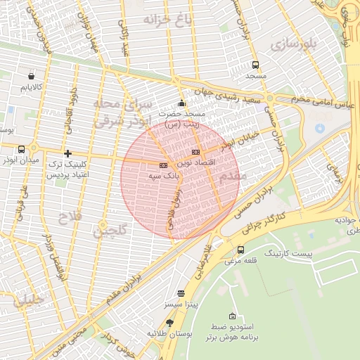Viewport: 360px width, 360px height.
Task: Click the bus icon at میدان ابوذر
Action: pos(22,149)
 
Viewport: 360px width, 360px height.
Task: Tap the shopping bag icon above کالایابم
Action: pos(31,76)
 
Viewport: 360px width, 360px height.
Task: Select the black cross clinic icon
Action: pos(67,153)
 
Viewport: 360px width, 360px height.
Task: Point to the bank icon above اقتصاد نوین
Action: pos(195,152)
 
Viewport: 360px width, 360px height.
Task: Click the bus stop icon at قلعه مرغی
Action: pos(241,250)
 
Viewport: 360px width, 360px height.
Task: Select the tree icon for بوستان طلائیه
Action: pos(169,323)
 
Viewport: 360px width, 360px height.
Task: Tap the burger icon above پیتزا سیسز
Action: pos(181,293)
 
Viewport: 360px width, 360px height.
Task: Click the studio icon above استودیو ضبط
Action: pos(233,316)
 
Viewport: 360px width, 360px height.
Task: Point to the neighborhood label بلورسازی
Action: pos(296,45)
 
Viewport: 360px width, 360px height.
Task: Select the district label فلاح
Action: pos(70,215)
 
